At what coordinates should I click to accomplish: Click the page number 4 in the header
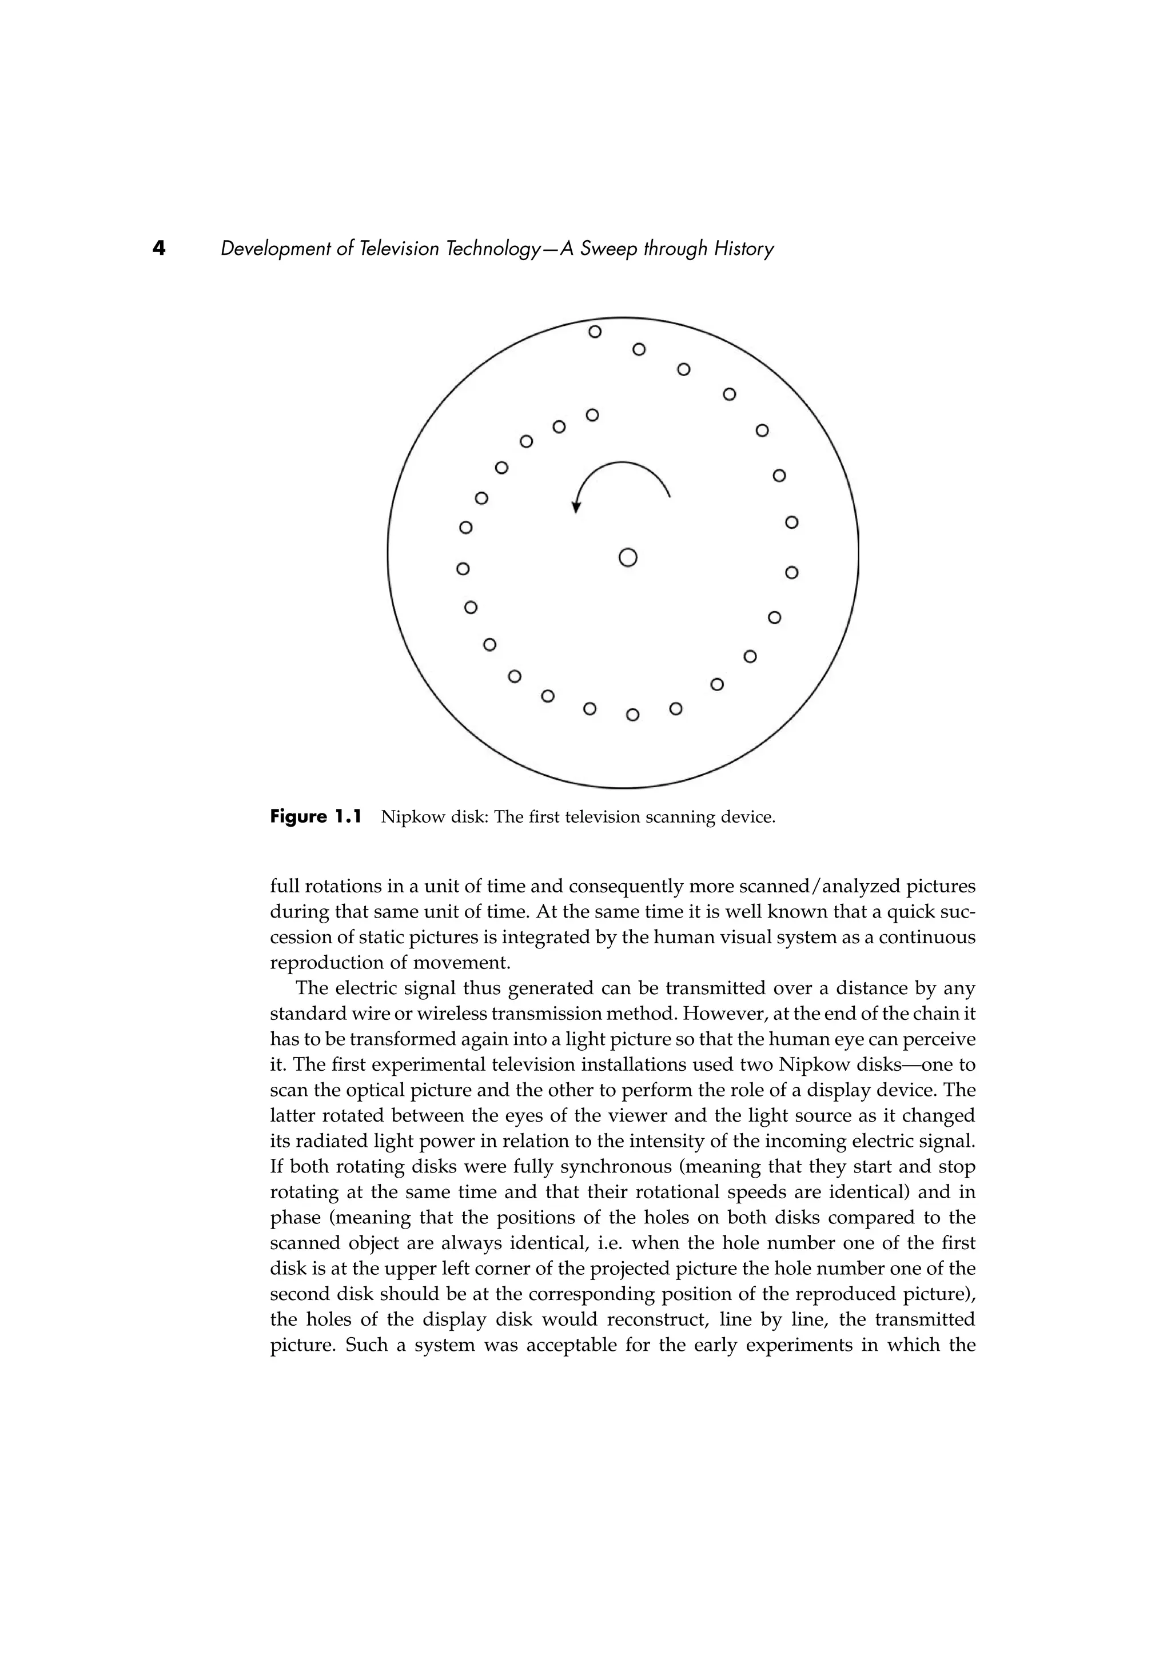pos(158,249)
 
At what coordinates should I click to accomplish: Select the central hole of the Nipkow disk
pos(628,557)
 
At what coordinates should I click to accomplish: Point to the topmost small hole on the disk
pos(595,332)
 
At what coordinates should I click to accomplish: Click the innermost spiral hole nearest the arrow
pos(592,415)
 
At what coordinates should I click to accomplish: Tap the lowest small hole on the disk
pos(632,715)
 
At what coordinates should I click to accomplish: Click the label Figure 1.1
pos(315,817)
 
